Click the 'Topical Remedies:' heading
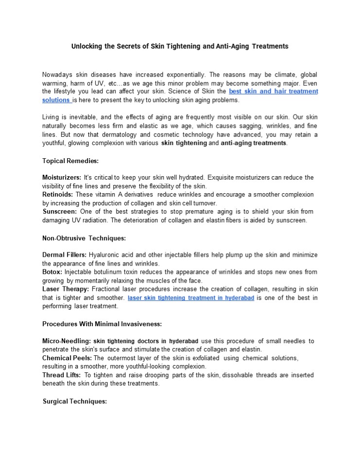tap(70, 161)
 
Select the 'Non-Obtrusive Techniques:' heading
tap(84, 238)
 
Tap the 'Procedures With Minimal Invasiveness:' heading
tap(102, 324)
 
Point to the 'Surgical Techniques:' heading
tap(75, 401)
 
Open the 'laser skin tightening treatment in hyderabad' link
tap(191, 298)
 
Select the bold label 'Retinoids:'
tap(57, 195)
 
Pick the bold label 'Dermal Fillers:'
tap(65, 255)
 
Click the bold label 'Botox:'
tap(52, 272)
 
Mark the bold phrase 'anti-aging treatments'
tap(254, 143)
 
